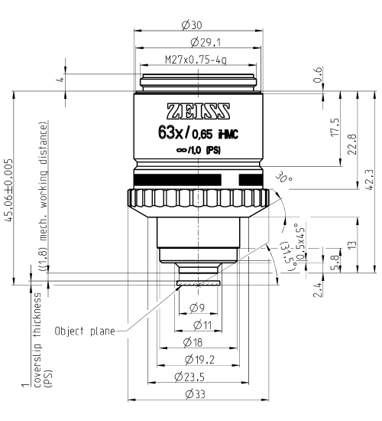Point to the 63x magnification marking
point(172,132)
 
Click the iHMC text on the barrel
point(228,134)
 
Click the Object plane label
point(84,332)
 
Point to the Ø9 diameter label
point(197,307)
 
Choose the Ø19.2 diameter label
point(197,359)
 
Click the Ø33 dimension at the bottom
point(197,393)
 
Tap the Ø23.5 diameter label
point(197,376)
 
